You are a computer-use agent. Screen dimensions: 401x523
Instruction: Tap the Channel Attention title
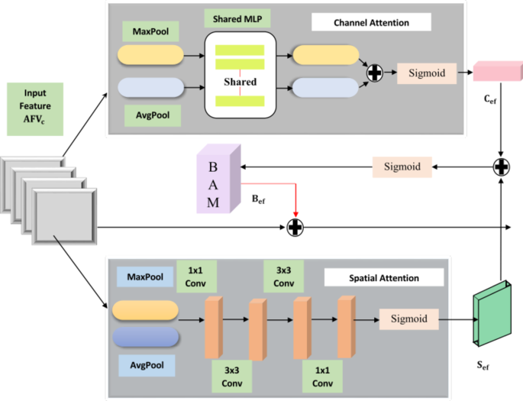click(x=371, y=22)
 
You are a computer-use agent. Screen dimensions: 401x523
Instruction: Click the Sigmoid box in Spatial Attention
click(x=409, y=318)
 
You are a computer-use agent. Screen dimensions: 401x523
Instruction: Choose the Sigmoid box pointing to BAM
click(x=402, y=165)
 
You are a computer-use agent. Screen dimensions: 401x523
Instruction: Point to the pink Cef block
click(x=492, y=71)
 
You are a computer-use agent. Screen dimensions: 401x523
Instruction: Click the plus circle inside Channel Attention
click(x=375, y=73)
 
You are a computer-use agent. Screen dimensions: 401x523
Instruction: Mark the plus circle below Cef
click(x=501, y=165)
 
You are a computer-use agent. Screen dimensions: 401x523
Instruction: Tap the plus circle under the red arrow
click(x=295, y=227)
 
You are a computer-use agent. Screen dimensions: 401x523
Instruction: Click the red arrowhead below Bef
click(x=295, y=214)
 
